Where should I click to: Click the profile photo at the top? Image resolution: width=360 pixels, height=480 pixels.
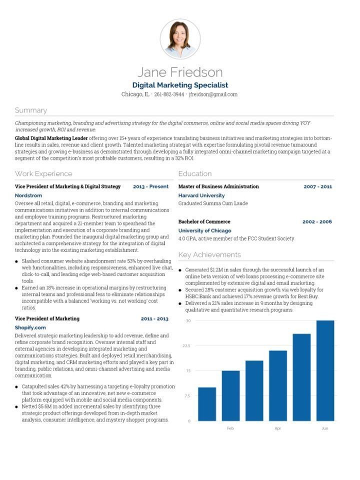pos(180,38)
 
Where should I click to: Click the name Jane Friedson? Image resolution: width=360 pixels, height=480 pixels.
pos(180,72)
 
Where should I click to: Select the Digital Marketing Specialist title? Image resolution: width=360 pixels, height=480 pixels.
pos(180,85)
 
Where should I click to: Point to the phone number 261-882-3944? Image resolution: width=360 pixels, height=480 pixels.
pos(169,94)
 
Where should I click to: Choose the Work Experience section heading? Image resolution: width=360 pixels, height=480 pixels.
pos(43,173)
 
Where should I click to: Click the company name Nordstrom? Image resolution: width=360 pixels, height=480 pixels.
pos(28,195)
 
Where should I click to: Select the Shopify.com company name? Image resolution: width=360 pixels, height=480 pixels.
pos(30,327)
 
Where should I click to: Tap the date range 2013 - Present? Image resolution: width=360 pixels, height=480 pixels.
pos(150,186)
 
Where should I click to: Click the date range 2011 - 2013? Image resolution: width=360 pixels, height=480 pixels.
pos(154,318)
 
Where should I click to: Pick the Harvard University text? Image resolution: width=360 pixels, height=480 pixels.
pos(201,195)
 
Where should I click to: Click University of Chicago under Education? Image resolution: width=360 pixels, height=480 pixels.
pos(204,230)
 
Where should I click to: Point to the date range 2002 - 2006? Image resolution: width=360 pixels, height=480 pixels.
pos(317,221)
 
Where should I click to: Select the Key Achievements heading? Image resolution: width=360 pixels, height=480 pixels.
pos(209,255)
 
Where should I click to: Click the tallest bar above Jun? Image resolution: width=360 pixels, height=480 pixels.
pos(325,370)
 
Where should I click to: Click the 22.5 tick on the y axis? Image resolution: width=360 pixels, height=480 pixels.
pos(186,345)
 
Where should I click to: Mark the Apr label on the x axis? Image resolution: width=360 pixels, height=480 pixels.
pos(277,428)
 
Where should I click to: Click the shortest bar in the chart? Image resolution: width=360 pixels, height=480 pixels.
pos(207,404)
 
